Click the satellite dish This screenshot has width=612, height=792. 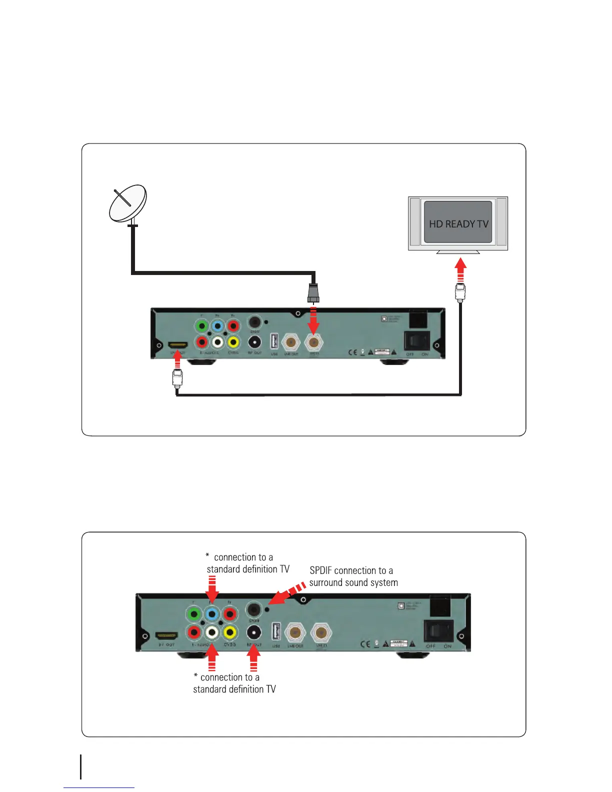[128, 203]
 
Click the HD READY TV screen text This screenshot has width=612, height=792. [458, 224]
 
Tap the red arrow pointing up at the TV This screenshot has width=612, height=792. [460, 270]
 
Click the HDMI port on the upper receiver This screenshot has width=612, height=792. [177, 345]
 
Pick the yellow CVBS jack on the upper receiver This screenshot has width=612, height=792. [232, 342]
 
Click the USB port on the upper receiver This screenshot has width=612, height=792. [274, 342]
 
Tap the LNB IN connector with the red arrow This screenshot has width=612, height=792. [313, 342]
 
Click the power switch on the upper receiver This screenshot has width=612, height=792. [417, 341]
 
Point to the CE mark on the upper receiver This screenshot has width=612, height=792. [352, 352]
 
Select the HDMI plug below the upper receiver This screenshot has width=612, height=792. [177, 377]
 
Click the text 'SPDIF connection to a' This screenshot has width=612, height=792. [351, 570]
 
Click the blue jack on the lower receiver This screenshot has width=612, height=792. [212, 614]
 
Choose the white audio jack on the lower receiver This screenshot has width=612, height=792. [212, 632]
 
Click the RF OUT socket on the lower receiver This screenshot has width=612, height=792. [254, 632]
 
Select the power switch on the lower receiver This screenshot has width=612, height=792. [438, 630]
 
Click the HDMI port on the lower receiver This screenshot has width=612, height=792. [166, 636]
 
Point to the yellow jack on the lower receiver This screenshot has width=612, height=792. [229, 632]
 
